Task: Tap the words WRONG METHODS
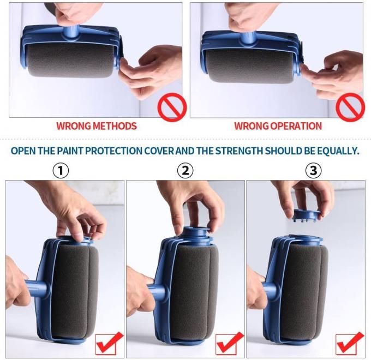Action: tap(97, 126)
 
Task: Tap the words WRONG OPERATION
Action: tap(278, 126)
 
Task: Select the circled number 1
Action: tap(61, 170)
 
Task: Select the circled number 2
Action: tap(185, 170)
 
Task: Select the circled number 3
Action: tap(313, 170)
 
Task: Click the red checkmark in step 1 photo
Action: tap(109, 343)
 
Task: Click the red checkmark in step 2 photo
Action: tap(230, 343)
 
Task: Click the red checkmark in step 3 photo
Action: tap(350, 343)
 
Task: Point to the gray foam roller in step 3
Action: tap(302, 289)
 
